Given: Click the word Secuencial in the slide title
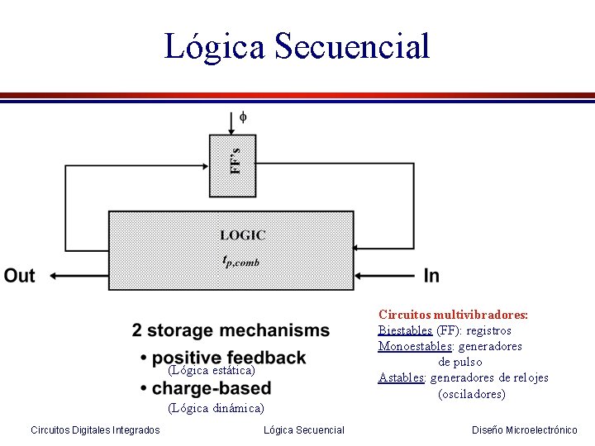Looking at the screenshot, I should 352,46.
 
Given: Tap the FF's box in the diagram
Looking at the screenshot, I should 233,164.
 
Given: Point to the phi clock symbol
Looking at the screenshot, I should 242,117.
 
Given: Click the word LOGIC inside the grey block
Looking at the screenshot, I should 242,235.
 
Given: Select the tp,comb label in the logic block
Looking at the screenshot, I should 241,260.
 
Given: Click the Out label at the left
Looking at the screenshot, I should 20,276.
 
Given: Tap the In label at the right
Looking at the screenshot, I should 431,276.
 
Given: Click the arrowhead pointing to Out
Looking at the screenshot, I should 53,276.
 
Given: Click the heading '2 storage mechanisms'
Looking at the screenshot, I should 231,331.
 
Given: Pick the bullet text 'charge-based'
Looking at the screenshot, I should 211,388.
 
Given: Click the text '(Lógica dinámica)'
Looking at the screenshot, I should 216,408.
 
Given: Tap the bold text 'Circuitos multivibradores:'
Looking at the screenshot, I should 453,315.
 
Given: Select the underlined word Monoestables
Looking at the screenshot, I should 416,346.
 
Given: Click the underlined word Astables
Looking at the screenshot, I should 402,377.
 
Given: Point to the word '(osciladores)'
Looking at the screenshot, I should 472,394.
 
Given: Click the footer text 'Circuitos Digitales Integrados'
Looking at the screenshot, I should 95,429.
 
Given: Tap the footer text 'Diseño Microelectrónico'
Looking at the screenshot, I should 525,429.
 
